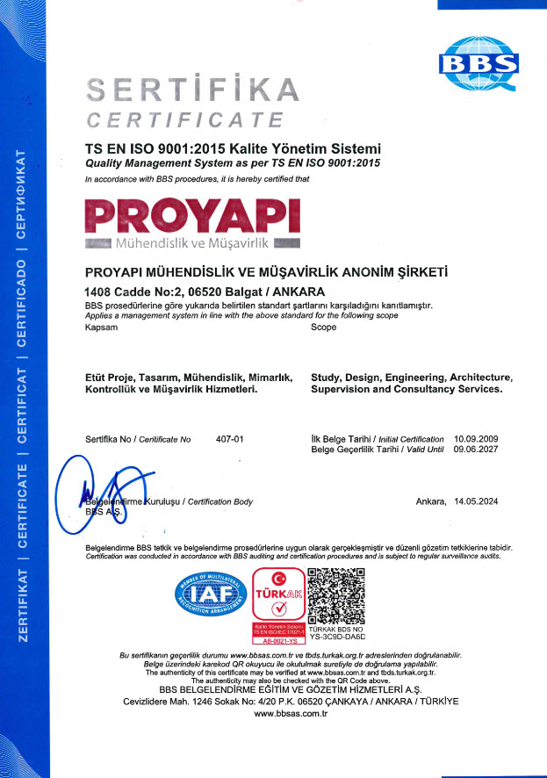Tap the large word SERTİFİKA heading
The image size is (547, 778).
click(192, 90)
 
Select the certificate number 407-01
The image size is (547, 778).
click(229, 437)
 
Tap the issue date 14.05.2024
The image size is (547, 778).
click(475, 501)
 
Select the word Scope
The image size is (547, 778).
click(324, 327)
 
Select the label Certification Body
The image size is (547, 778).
click(220, 501)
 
